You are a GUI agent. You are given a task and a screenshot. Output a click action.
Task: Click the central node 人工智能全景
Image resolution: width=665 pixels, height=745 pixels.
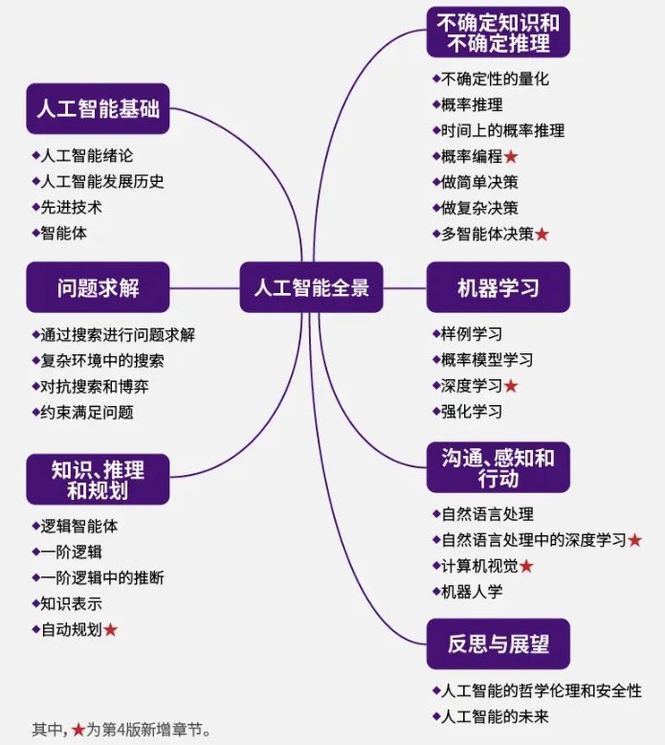311,286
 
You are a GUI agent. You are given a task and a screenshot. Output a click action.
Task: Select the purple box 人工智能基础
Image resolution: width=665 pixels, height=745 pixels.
98,108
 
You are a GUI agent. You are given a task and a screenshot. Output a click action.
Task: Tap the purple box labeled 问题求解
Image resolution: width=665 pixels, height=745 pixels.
98,286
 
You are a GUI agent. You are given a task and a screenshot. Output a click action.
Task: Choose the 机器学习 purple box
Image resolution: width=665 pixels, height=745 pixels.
498,286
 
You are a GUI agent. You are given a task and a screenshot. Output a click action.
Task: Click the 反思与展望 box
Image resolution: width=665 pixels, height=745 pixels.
498,643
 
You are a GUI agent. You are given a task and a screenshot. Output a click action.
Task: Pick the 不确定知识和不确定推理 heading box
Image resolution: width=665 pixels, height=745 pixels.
498,32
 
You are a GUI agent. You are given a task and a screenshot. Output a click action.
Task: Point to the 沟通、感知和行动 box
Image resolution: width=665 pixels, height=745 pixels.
498,466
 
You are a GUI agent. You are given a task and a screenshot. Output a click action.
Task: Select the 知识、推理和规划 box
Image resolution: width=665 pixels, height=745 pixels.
98,479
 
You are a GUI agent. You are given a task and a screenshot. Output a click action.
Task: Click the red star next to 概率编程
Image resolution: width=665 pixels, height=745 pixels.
511,157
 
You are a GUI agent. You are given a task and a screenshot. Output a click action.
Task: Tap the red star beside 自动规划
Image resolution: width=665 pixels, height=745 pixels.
111,630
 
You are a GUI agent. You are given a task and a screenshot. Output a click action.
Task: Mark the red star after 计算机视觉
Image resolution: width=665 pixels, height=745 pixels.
526,566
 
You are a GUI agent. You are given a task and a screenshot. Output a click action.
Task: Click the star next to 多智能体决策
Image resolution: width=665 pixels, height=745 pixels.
542,235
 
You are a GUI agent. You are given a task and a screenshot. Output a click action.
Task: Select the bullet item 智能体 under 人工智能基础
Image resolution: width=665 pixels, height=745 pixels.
65,233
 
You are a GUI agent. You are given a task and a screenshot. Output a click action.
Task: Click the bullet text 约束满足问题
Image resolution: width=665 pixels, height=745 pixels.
87,413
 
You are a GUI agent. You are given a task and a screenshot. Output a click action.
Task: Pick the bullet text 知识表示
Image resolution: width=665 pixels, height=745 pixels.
72,604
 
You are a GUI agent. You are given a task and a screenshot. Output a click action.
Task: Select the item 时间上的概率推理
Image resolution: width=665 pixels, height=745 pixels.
503,131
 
